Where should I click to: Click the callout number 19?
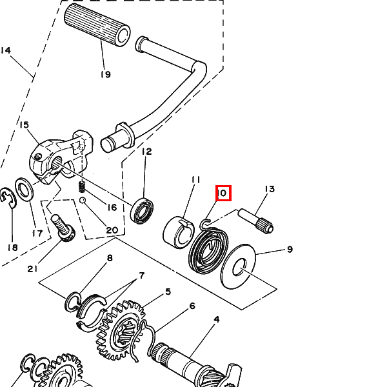[106, 74]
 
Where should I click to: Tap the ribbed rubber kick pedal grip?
[97, 25]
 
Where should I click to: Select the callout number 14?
[5, 50]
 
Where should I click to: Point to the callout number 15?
[25, 125]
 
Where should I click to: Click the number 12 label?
[147, 152]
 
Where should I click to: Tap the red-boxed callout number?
[223, 193]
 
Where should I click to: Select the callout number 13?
[270, 189]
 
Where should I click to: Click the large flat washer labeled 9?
[239, 266]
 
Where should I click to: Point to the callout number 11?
[195, 180]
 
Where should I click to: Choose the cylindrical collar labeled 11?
[178, 233]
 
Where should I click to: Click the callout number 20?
[112, 230]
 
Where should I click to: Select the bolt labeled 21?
[63, 228]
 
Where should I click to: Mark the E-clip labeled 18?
[8, 197]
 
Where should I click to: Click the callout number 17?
[37, 233]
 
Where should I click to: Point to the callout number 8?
[110, 258]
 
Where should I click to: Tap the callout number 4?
[217, 319]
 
